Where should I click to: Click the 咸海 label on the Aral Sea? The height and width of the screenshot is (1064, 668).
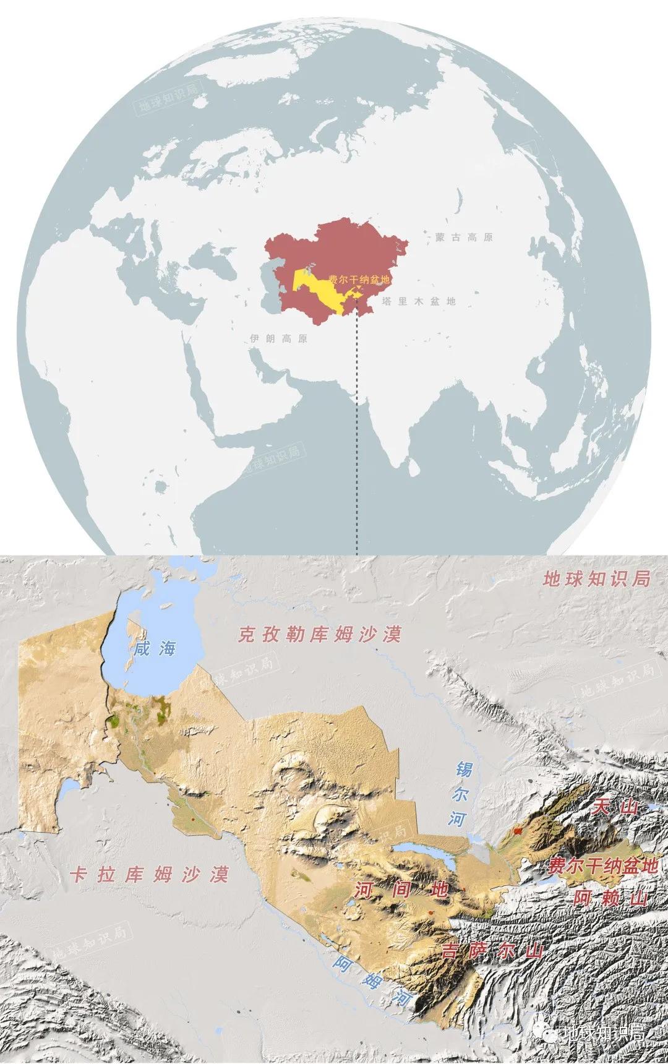[x=158, y=648]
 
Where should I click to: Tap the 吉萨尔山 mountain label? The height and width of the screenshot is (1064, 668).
[x=489, y=951]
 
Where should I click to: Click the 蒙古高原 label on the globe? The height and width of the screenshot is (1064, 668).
[x=464, y=237]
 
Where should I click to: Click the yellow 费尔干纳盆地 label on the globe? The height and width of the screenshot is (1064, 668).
[x=359, y=280]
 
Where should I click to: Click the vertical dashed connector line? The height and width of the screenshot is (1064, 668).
[x=358, y=433]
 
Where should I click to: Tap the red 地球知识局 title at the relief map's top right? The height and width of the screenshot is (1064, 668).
[x=597, y=579]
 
